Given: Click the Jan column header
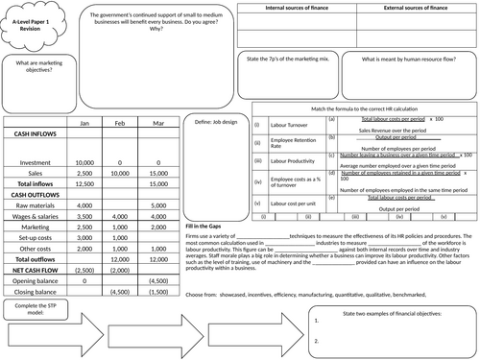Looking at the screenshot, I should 84,124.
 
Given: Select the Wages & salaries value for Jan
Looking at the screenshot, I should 84,218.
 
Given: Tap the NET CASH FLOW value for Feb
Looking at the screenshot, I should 121,273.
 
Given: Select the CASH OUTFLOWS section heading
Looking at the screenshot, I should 36,194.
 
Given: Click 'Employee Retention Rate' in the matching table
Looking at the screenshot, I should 286,142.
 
